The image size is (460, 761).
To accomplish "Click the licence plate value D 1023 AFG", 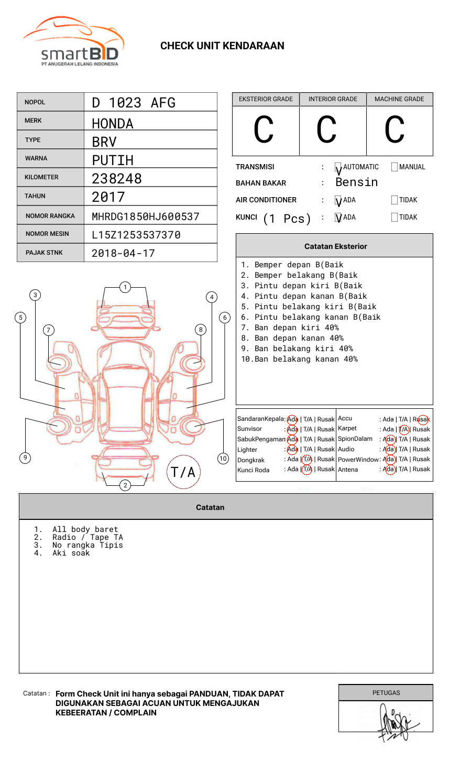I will tap(133, 103).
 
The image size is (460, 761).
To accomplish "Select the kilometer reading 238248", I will tap(117, 179).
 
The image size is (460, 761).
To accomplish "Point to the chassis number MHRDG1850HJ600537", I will tap(145, 216).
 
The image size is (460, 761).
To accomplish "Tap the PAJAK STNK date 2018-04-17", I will tap(123, 254).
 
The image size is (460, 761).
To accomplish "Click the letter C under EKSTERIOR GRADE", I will tap(264, 130).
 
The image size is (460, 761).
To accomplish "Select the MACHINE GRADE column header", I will tap(399, 99).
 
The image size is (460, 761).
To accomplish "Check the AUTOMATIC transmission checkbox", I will tap(338, 167).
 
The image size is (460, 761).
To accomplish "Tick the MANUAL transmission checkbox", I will tap(395, 167).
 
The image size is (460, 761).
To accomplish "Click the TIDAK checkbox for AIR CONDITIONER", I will tap(395, 200).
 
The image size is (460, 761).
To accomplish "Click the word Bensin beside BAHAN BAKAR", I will tap(356, 182).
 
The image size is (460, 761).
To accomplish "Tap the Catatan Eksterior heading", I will tap(335, 246).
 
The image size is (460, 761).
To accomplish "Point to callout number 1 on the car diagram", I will tap(125, 287).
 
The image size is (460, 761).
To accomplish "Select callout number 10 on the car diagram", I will tap(223, 459).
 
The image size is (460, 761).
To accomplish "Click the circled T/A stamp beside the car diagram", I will tap(183, 472).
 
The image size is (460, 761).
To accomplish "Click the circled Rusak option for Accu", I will tap(422, 419).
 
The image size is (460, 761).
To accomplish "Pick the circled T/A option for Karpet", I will tap(403, 429).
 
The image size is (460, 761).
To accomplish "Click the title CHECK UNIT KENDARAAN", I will tap(222, 46).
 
